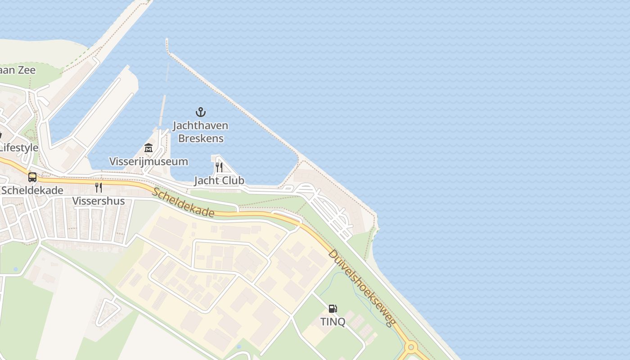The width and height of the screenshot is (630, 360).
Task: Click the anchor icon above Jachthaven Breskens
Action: click(x=200, y=112)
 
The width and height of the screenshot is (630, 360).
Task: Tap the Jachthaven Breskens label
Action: click(x=201, y=132)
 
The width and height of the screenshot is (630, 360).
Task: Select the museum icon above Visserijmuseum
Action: click(x=148, y=148)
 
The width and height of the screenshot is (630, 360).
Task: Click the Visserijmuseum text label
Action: click(x=148, y=161)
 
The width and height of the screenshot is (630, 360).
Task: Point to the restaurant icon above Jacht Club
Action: click(x=219, y=167)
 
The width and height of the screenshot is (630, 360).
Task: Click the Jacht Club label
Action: click(x=219, y=180)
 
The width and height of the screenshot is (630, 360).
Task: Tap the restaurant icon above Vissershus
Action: click(x=98, y=188)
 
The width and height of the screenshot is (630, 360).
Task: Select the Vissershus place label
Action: click(x=99, y=201)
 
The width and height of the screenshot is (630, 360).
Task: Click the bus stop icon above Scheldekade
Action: click(x=32, y=177)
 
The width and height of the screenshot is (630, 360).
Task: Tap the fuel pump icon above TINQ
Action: click(x=333, y=309)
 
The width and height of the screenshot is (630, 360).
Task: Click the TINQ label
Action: click(x=333, y=322)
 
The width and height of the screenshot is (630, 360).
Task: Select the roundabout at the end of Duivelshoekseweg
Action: click(x=410, y=347)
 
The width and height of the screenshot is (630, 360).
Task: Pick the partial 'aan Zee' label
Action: click(x=17, y=70)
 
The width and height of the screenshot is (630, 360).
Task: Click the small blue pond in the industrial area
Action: click(x=238, y=347)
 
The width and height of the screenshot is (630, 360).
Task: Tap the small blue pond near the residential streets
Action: click(x=16, y=269)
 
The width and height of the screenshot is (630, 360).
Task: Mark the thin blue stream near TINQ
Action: click(x=360, y=292)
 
